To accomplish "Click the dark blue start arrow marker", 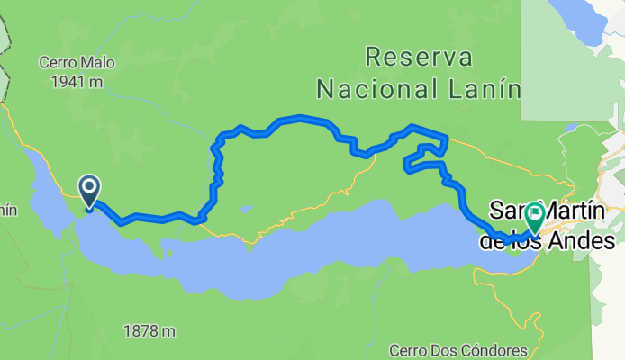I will [x=90, y=191].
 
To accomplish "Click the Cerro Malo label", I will [x=69, y=62].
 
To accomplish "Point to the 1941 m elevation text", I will [x=69, y=81].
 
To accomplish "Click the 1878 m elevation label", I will [x=149, y=331].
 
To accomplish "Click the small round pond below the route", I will [x=245, y=210].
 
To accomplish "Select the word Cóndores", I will [x=493, y=349].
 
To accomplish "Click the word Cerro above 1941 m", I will [x=54, y=62].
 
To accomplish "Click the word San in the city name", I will [x=506, y=212].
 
